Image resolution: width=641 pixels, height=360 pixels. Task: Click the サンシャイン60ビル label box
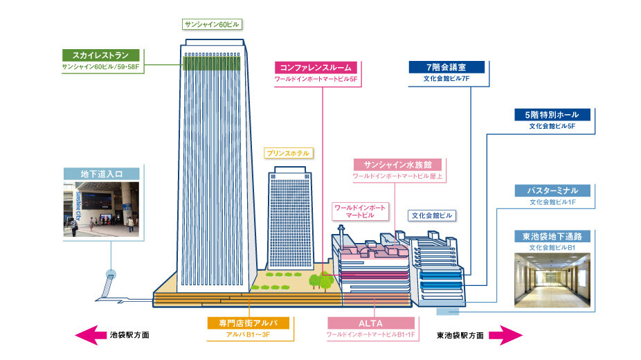click(x=213, y=24)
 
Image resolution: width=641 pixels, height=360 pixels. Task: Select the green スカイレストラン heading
click(x=101, y=55)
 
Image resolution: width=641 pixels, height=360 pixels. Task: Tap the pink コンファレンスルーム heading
click(x=316, y=67)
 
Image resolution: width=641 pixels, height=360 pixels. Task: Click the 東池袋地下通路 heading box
click(x=552, y=235)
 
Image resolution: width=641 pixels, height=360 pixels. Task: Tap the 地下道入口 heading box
click(x=101, y=173)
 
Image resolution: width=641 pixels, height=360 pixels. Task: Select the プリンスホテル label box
click(x=287, y=152)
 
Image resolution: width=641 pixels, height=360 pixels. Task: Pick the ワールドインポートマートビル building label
click(x=360, y=211)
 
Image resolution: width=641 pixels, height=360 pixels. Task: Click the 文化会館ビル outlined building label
click(x=431, y=215)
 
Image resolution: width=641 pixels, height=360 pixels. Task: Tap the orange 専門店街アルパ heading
click(x=248, y=323)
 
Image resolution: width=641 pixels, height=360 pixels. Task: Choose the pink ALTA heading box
click(x=371, y=323)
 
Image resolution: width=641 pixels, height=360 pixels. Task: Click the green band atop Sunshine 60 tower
click(x=213, y=63)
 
